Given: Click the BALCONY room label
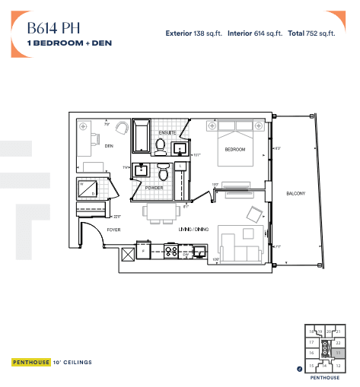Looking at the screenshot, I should pos(295,193).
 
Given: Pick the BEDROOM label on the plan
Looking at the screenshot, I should pos(234,150).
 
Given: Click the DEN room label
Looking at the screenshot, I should pos(109,145).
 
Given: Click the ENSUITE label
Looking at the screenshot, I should pos(167,134).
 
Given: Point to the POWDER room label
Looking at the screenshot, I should pos(154,188).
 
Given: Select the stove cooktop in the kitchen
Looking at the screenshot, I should pos(171,249).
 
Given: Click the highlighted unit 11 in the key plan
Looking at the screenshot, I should pos(337,354).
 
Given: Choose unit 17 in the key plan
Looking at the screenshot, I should pos(311,343).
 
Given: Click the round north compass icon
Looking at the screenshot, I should pos(300,369).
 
